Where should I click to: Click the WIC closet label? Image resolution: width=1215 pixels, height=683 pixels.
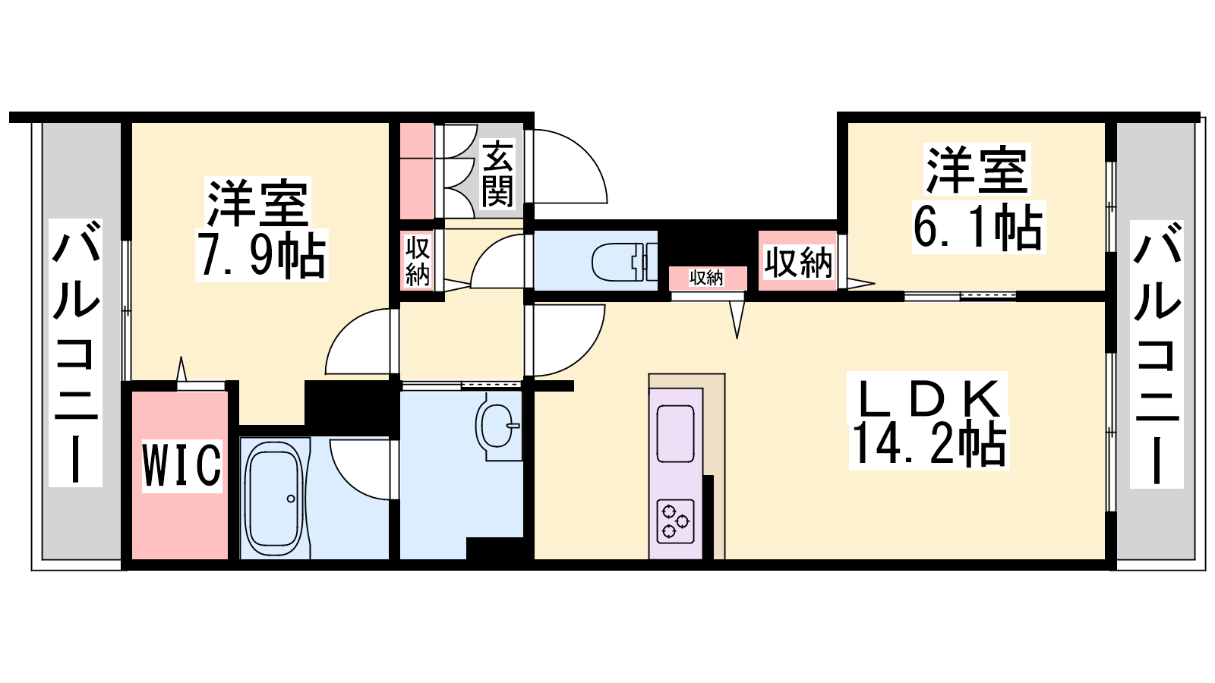pos(182,465)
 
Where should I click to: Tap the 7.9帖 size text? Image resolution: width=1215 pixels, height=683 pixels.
pos(262,255)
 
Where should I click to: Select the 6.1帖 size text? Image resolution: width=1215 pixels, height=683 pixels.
pos(979,228)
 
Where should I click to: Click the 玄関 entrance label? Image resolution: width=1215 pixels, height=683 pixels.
pos(497,175)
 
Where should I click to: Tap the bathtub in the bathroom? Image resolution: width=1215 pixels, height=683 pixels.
pos(274,498)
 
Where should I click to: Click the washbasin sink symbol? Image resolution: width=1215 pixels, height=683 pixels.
pos(496,426)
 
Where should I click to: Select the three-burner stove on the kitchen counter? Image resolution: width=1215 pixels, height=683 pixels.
pos(676,521)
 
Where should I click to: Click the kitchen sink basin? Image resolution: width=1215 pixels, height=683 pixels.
pos(676,433)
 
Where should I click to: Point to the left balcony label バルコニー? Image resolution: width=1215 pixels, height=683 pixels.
pos(76,352)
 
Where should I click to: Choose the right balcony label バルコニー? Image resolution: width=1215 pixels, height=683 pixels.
pos(1157,354)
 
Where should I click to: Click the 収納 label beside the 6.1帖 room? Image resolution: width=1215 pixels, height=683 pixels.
pos(798,263)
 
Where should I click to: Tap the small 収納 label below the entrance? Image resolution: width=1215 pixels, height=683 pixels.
pos(418,261)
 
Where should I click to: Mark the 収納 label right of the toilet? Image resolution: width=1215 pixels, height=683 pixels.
pos(706,278)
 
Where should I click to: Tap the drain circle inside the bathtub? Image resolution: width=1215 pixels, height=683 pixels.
pos(292,498)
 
